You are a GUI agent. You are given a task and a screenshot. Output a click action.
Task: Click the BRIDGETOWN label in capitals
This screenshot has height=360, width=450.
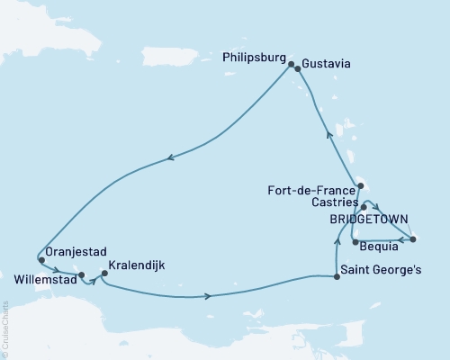click(x=369, y=219)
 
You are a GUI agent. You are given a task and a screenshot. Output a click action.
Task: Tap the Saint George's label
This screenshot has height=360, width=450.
click(x=378, y=278)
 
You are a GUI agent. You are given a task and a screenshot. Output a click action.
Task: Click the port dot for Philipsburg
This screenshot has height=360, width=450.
click(x=292, y=62)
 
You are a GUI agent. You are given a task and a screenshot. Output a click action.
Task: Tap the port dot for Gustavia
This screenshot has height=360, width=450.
click(x=298, y=67)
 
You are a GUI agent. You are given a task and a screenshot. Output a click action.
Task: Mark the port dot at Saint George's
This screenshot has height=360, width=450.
click(x=337, y=277)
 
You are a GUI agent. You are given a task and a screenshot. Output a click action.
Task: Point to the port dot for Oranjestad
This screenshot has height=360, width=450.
click(x=41, y=261)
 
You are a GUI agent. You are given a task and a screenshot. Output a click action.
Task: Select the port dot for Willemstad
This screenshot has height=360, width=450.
click(x=81, y=275)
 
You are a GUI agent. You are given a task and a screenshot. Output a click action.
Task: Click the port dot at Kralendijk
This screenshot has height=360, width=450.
click(x=104, y=273)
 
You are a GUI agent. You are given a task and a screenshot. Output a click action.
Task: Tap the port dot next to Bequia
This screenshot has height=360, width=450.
click(x=355, y=242)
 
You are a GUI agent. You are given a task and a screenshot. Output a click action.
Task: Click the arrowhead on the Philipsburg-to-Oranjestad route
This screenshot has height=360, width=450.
click(x=169, y=160)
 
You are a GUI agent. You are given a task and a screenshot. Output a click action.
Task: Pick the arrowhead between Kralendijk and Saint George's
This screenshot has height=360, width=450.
click(x=209, y=296)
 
